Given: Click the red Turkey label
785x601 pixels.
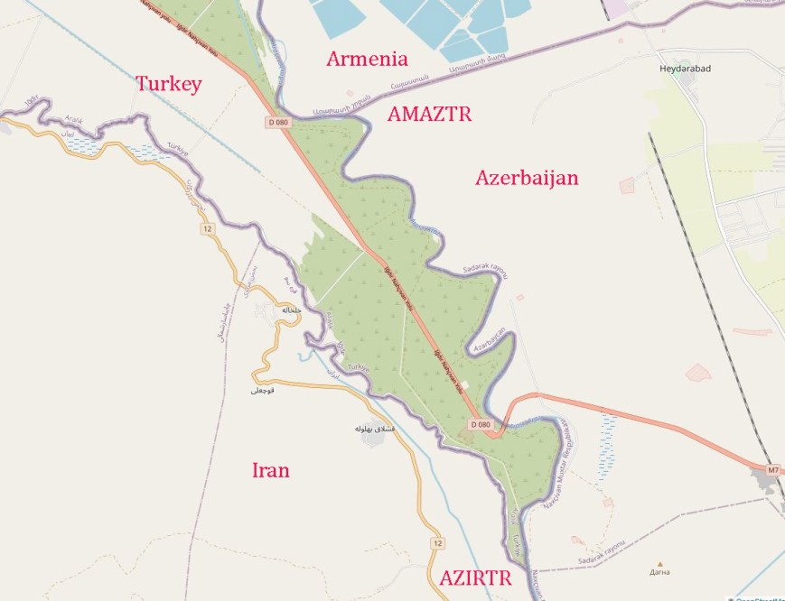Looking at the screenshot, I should pos(168,84).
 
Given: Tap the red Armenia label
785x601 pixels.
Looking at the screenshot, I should pos(367,60).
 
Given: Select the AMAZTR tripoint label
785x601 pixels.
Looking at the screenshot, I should pos(429,114).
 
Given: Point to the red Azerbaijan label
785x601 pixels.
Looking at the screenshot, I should pos(526,178).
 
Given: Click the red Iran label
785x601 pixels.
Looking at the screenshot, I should pos(270,470).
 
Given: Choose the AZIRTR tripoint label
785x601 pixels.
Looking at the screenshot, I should pos(475,578).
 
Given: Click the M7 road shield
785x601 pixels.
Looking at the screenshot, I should pos(772,470).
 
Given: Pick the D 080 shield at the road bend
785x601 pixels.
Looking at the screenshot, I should pos(481,424).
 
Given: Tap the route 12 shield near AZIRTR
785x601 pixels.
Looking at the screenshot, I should pos(437,543).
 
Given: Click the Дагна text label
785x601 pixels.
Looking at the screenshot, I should pos(659,572).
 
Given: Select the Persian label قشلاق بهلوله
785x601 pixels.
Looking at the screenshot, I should pos(370,427).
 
